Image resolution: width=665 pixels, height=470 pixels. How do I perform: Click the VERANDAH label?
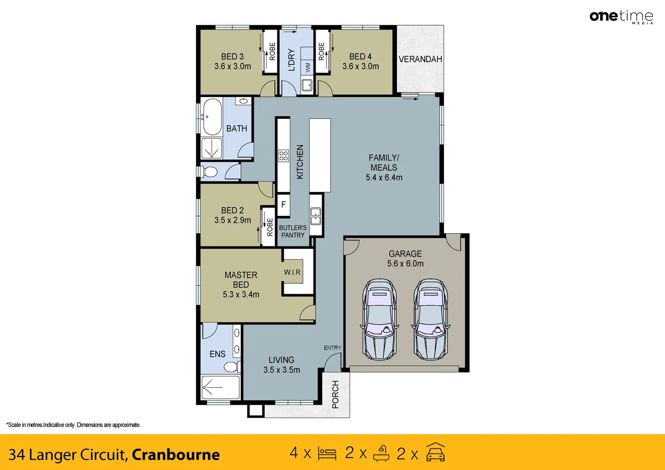(x=420, y=59)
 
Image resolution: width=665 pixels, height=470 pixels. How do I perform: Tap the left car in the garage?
(x=380, y=319)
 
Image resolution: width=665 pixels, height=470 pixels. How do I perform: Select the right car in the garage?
(x=431, y=319)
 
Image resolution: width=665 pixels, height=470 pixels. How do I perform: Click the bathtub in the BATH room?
(x=212, y=117)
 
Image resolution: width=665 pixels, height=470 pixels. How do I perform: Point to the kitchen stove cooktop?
(x=284, y=155)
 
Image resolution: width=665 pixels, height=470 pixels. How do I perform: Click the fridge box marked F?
(x=283, y=204)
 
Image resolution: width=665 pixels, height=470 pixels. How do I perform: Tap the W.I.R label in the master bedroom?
(x=292, y=272)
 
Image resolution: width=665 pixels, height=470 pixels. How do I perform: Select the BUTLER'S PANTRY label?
(x=293, y=231)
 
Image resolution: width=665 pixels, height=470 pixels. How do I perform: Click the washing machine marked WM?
(x=308, y=67)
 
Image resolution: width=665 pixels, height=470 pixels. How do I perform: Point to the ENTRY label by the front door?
(x=332, y=348)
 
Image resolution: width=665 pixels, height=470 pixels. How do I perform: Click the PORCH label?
(x=336, y=394)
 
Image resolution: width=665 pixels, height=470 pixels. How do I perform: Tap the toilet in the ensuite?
(x=232, y=366)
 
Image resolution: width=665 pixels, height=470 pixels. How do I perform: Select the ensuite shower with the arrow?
(x=220, y=387)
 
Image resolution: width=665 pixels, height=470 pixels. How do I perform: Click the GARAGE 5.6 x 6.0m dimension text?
(x=405, y=263)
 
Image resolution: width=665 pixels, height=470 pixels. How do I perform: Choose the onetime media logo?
(x=621, y=17)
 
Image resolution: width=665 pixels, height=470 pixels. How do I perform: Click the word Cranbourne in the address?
(x=176, y=454)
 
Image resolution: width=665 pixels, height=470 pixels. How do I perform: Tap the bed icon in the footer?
(x=327, y=453)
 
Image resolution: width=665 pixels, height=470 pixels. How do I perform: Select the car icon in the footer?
(x=435, y=452)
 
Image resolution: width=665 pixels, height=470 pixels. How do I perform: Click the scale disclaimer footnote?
(x=74, y=425)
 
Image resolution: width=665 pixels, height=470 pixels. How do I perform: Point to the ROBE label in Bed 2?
(x=270, y=227)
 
